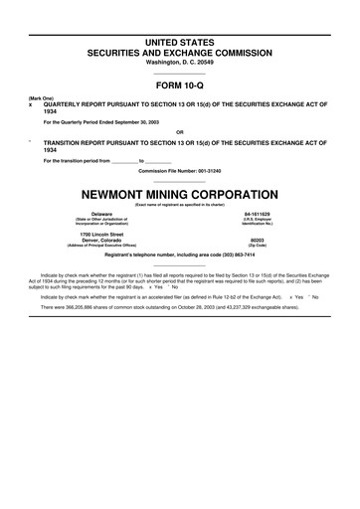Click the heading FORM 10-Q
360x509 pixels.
pos(180,86)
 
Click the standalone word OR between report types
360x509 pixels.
pos(179,132)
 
